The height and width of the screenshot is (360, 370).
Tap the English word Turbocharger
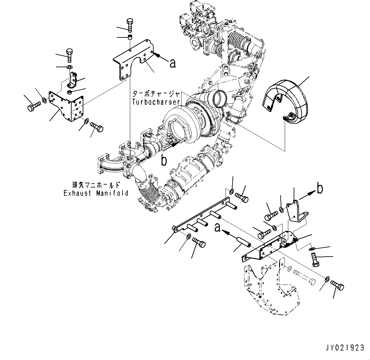coord(156,102)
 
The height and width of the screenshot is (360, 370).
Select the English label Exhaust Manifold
coord(96,193)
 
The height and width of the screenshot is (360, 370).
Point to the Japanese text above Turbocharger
coord(156,94)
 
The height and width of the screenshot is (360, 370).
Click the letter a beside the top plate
coord(172,63)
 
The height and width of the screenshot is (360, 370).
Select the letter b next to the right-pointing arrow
coord(320,189)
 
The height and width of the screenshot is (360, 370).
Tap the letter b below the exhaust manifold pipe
coord(164,161)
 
